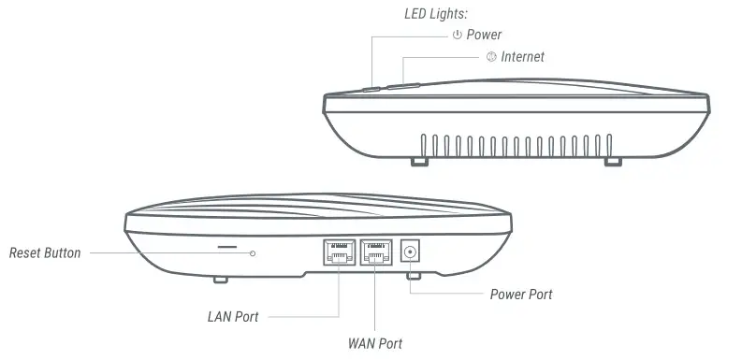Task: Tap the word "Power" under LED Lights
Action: click(x=484, y=36)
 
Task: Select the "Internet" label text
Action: click(x=522, y=57)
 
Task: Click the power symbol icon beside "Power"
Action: click(x=457, y=36)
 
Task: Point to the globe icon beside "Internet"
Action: click(x=491, y=57)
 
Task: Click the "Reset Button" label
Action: click(x=45, y=253)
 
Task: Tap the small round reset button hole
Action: click(x=253, y=253)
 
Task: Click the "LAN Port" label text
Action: click(x=233, y=316)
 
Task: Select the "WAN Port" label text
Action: click(x=375, y=343)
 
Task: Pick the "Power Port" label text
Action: click(x=521, y=295)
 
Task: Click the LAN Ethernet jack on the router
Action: click(x=339, y=252)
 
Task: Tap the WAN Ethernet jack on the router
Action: click(x=376, y=252)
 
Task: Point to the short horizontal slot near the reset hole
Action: click(x=227, y=250)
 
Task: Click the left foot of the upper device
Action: click(x=421, y=162)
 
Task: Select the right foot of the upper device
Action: click(x=612, y=162)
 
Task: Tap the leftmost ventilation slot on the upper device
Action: click(x=424, y=145)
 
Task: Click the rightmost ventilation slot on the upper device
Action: click(x=610, y=145)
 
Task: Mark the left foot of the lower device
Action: click(x=221, y=278)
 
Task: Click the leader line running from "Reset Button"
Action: click(x=168, y=253)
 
